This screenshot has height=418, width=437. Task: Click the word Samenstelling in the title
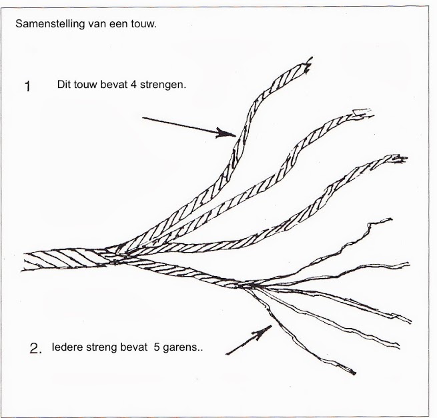(50, 24)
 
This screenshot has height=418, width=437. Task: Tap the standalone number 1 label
(27, 86)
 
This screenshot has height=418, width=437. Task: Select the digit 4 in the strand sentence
(133, 85)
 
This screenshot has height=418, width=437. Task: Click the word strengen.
(163, 85)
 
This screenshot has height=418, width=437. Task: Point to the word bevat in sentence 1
(113, 85)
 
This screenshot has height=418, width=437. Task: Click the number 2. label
(35, 349)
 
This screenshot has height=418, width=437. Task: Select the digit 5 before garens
(156, 347)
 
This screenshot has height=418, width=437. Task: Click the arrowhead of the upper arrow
(226, 133)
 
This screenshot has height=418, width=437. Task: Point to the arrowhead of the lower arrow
(263, 331)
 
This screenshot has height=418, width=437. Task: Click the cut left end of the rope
(24, 262)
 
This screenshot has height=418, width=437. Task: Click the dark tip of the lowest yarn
(353, 372)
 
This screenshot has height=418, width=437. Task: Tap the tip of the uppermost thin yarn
(390, 220)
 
